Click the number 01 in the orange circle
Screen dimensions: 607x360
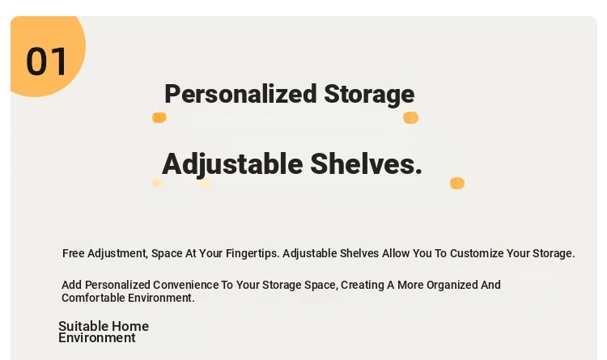[46, 61]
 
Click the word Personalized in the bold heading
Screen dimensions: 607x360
[241, 94]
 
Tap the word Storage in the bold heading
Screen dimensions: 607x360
[369, 94]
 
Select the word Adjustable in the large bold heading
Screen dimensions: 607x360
[232, 164]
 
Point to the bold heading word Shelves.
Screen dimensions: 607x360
[366, 163]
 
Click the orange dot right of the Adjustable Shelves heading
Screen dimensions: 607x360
[457, 183]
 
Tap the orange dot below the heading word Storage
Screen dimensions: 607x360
[410, 117]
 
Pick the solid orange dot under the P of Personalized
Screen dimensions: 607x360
[159, 117]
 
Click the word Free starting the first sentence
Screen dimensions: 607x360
[73, 253]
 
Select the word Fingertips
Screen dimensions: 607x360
[253, 253]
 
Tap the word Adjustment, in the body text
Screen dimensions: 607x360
[117, 253]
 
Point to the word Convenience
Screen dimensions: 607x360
[186, 285]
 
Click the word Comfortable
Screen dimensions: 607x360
[93, 298]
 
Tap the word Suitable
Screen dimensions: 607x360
[80, 326]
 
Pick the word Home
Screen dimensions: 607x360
[126, 326]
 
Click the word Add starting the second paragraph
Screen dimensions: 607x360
[71, 285]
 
